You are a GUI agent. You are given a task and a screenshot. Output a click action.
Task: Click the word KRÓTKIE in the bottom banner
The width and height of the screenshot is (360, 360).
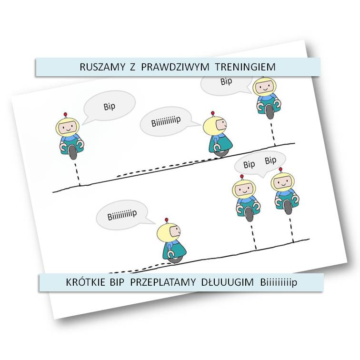(x=84, y=282)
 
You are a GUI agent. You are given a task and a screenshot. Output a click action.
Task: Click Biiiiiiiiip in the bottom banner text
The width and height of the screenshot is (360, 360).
(x=279, y=282)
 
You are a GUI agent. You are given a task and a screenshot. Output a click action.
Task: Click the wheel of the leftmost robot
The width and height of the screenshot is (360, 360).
(x=73, y=152)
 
